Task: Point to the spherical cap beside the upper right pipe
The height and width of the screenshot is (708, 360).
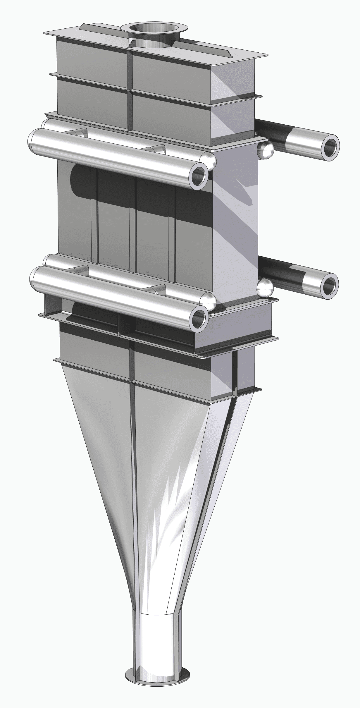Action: pyautogui.click(x=265, y=150)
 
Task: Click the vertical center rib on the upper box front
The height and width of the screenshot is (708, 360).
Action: pyautogui.click(x=130, y=88)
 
